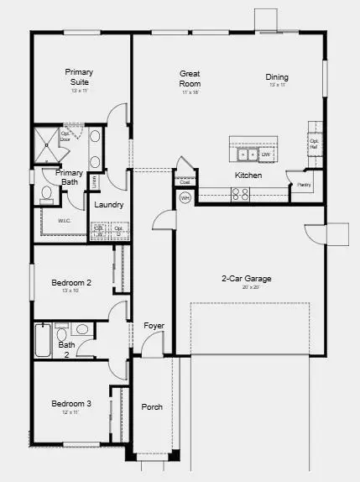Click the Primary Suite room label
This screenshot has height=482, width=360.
point(79,77)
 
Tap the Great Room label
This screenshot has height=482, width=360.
point(190,79)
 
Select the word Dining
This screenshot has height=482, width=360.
point(277,76)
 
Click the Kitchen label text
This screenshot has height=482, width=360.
point(248,176)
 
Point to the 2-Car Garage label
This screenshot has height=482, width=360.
point(246,279)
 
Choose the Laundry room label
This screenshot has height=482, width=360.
point(109,205)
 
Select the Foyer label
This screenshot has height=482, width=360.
point(154,325)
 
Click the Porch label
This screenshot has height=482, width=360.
point(152,407)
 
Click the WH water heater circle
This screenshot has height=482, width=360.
point(185,197)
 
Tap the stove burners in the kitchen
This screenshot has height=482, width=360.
point(240,195)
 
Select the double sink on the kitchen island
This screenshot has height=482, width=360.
point(248,155)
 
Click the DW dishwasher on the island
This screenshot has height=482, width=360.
point(265,155)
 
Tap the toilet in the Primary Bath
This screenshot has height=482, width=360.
point(47,194)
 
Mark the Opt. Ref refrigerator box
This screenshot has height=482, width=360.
point(313,143)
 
